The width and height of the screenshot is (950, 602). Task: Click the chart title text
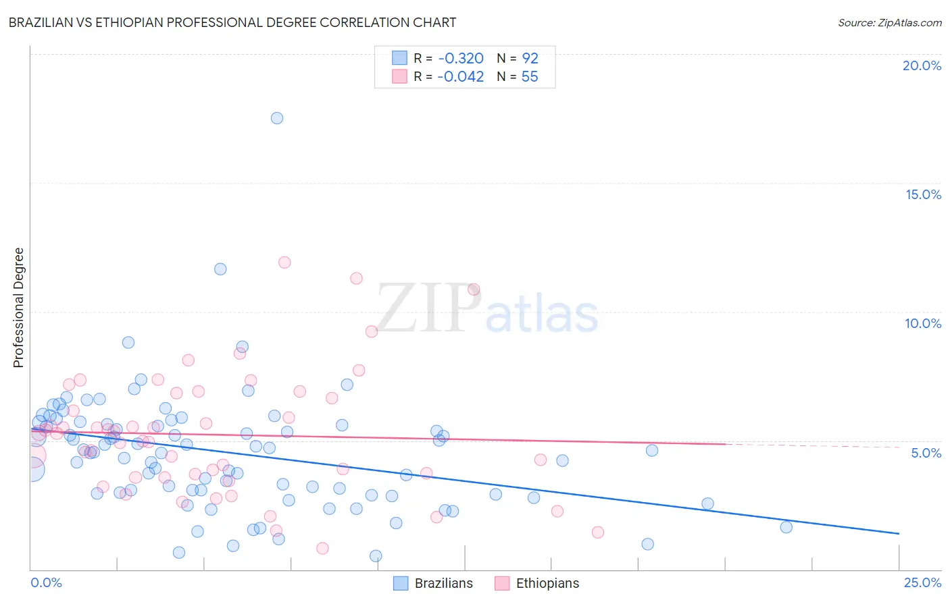coord(232,22)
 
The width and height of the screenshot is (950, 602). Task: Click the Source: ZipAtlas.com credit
coord(889,22)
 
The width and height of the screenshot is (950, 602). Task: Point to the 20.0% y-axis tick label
coord(922,65)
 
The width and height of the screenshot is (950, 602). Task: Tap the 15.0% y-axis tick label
coord(923,194)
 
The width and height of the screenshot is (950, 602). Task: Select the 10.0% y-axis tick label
coord(923,323)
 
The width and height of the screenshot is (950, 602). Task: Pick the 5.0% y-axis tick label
coord(926,453)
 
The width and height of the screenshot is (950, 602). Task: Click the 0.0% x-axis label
coord(46,582)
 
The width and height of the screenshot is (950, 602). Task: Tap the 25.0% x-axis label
coord(922,582)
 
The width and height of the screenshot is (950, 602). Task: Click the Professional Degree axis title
coord(18,308)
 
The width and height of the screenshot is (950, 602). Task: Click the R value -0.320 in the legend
coord(460,58)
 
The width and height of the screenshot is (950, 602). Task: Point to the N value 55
coord(530,77)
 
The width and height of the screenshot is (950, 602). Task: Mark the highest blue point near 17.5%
coord(277,118)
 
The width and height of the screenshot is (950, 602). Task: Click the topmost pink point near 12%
coord(284,263)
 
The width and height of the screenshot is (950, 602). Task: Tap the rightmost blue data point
coord(786,527)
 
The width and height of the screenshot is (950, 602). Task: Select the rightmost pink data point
coord(598,532)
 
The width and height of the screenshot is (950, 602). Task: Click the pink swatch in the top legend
coord(400,77)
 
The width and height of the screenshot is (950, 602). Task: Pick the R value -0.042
coord(460,77)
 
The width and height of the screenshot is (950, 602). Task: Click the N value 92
coord(530,58)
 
